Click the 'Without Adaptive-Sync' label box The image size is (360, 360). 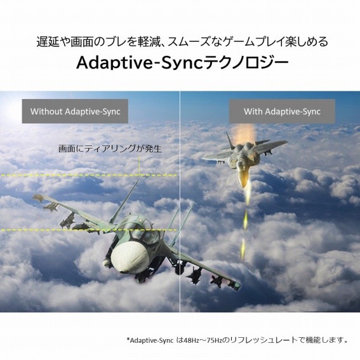(75, 111)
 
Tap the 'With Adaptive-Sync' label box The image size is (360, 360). (282, 111)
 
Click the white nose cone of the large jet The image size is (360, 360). (125, 257)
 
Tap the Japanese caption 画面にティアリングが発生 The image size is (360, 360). (110, 149)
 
